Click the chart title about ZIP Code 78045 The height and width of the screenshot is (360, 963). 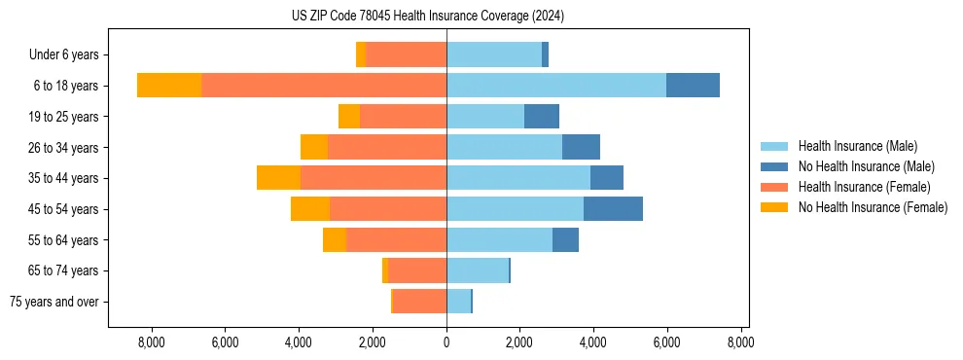click(427, 17)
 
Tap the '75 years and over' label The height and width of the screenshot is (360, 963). click(54, 302)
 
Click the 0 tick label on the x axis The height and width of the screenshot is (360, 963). click(446, 342)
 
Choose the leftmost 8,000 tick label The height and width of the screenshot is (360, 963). click(152, 342)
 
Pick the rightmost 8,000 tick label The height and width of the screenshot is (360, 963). click(740, 342)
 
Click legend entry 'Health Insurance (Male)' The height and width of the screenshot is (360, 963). click(857, 146)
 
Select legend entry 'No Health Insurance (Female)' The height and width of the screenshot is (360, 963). click(873, 207)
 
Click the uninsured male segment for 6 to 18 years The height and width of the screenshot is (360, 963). click(693, 86)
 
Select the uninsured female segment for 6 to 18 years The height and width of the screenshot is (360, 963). click(169, 86)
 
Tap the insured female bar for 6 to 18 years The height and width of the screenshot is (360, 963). click(324, 86)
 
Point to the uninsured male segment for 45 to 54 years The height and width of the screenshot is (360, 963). click(613, 208)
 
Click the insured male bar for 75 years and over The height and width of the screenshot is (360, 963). click(458, 301)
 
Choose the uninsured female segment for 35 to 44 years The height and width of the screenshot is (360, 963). click(278, 178)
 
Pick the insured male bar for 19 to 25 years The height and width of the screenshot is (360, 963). click(485, 117)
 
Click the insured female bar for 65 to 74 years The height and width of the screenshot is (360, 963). click(417, 270)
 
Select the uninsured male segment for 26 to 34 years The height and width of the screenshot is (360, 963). click(581, 147)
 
